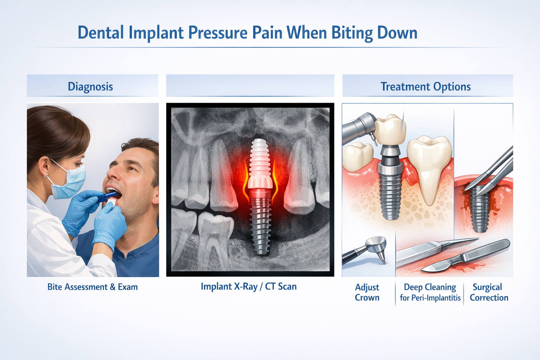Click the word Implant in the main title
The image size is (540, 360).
[x=156, y=33]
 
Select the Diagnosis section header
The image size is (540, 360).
[x=90, y=86]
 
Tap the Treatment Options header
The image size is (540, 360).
[x=425, y=86]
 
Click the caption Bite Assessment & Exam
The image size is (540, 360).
[x=92, y=287]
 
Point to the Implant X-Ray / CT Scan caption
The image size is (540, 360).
[x=249, y=287]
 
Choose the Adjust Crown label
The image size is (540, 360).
[x=367, y=292]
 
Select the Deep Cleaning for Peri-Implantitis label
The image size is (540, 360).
[x=430, y=292]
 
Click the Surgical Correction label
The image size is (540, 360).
[x=489, y=292]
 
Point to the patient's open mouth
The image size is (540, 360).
[x=113, y=194]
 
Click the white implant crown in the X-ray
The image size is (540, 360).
[x=260, y=181]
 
